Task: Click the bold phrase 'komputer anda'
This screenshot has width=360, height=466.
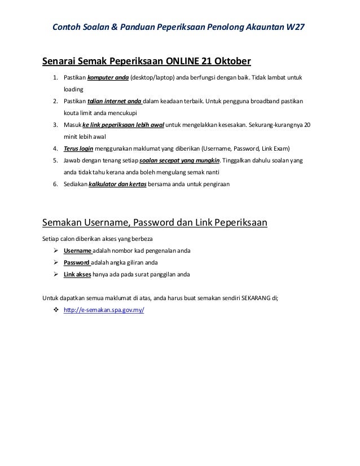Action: pos(108,77)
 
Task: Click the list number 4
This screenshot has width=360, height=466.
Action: pos(55,149)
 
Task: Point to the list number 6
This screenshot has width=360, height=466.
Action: pos(55,184)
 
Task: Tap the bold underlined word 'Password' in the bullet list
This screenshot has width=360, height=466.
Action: pos(78,263)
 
